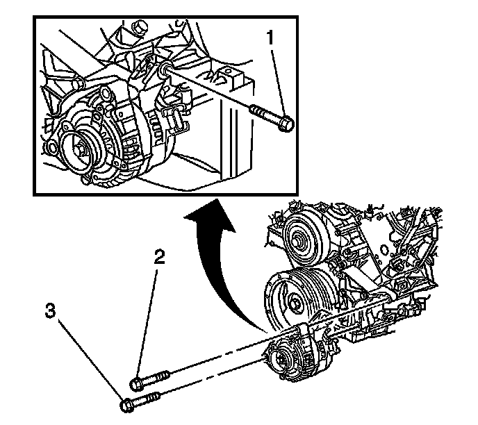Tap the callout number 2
click(159, 258)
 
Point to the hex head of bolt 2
click(137, 383)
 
